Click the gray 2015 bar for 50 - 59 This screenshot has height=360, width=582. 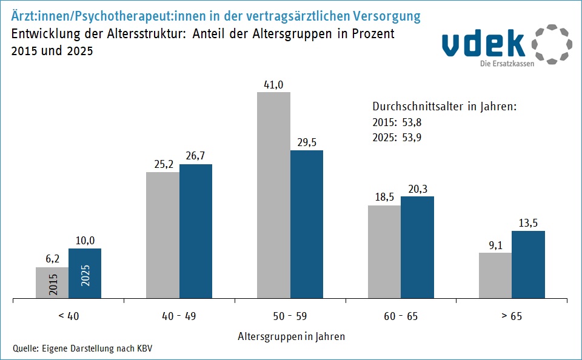click(273, 195)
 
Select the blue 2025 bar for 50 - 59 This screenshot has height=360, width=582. click(307, 224)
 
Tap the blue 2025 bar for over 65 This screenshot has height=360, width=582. click(528, 265)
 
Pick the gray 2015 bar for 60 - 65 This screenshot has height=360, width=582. click(384, 252)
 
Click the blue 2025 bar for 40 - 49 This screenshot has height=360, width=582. click(196, 232)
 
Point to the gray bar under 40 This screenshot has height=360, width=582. click(52, 283)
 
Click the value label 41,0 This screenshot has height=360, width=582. click(273, 85)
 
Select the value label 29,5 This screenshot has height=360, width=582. click(307, 142)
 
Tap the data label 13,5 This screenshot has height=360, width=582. click(528, 223)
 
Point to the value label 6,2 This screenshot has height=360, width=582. click(52, 259)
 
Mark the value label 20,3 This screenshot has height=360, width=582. click(418, 189)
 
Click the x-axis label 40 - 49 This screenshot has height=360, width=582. click(179, 316)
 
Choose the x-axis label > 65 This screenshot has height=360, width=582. click(512, 316)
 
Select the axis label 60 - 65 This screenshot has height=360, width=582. click(401, 316)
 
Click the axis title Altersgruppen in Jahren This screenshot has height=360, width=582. click(292, 336)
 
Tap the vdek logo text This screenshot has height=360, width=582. click(484, 44)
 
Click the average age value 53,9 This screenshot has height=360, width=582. click(412, 138)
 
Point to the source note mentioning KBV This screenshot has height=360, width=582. click(82, 348)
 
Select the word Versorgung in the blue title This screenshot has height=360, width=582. click(387, 17)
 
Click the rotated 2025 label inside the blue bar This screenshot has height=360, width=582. click(85, 275)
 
